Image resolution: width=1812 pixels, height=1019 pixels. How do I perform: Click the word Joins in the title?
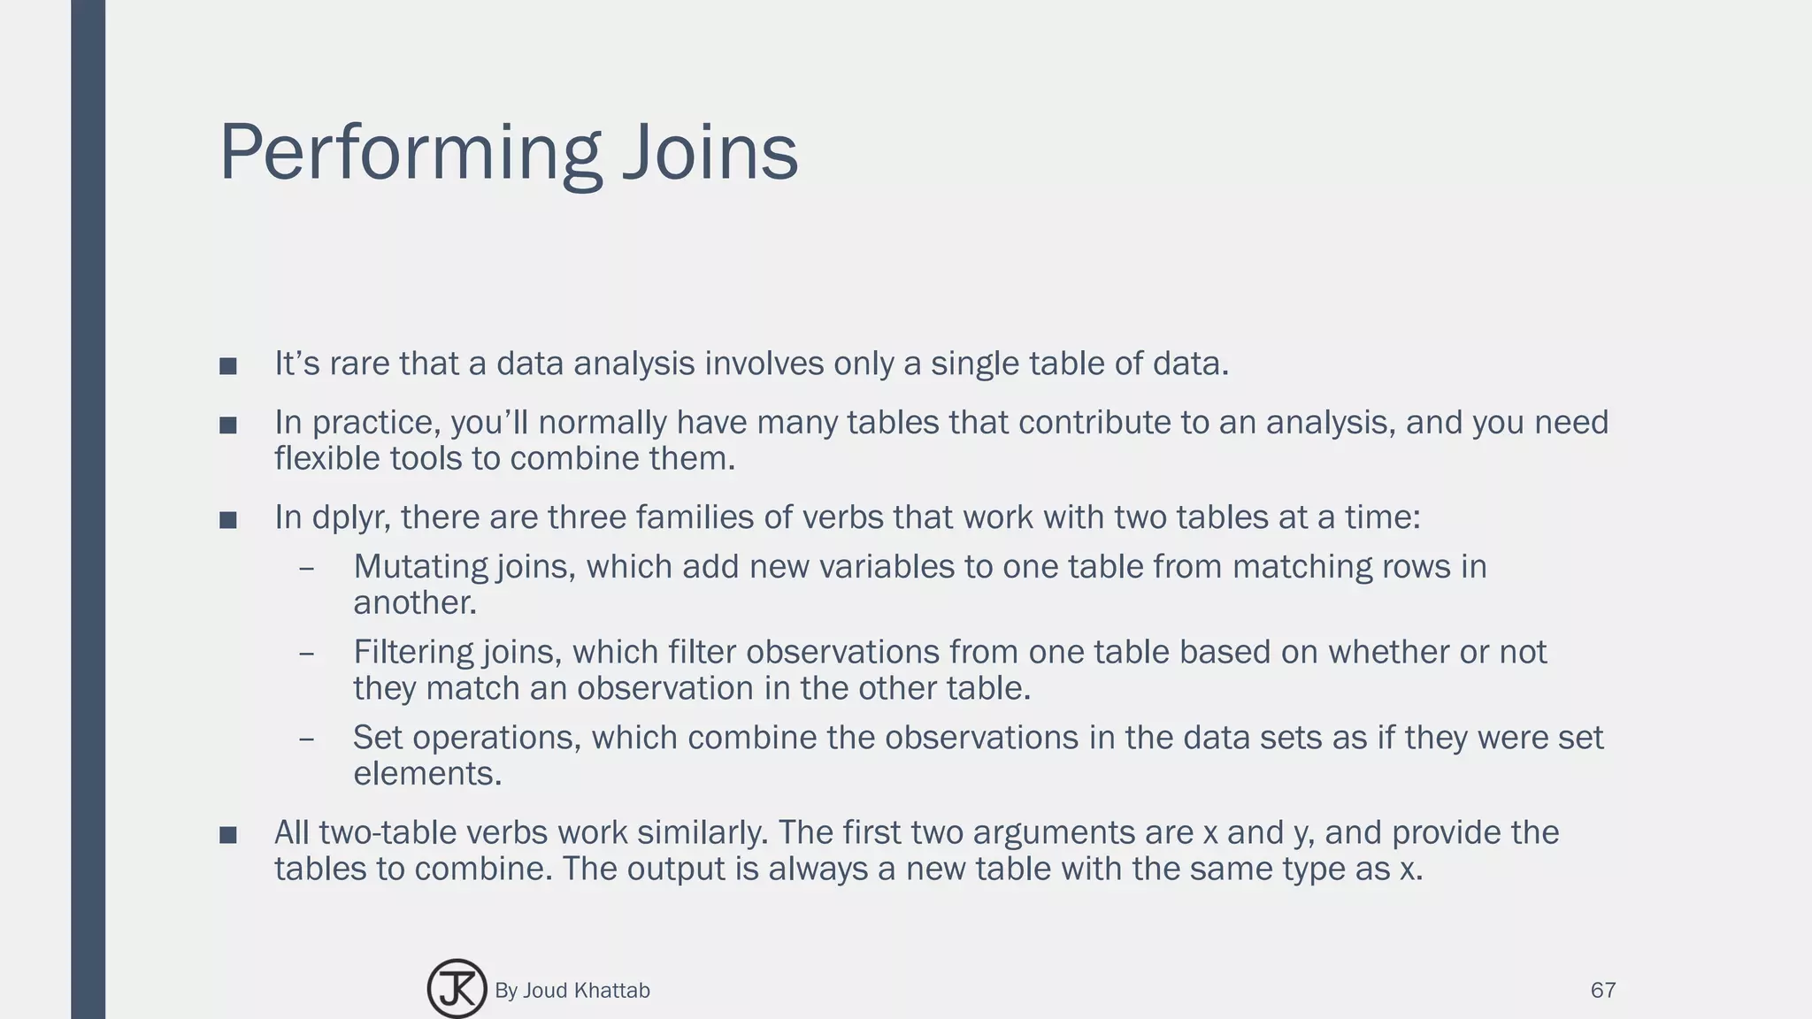coord(710,153)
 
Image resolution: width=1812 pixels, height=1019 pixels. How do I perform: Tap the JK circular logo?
coord(457,989)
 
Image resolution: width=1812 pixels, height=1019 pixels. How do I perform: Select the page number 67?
coord(1603,990)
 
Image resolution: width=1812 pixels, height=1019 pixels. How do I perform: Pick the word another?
coord(414,603)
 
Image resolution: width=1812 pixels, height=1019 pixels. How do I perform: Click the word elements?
coord(426,774)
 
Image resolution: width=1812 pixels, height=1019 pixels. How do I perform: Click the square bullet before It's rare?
coord(228,366)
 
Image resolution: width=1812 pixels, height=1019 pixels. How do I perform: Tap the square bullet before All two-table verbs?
coord(228,835)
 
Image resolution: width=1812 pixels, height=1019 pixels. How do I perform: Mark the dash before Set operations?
coord(307,738)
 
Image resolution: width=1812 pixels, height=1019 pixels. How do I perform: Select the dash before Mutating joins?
coord(307,567)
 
